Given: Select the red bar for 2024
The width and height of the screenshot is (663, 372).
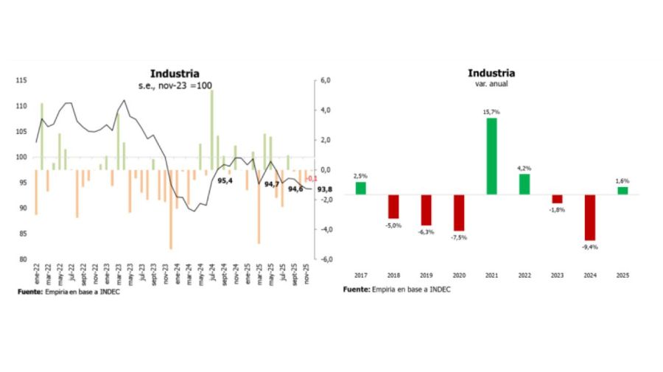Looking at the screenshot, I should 590,217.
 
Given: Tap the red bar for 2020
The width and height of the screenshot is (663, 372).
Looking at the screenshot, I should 459,213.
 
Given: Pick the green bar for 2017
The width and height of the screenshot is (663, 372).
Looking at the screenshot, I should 360,188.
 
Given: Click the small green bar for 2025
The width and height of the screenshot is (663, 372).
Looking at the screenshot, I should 622,191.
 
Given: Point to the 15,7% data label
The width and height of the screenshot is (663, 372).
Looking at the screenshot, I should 491,112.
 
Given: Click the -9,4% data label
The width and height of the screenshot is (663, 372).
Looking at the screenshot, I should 590,248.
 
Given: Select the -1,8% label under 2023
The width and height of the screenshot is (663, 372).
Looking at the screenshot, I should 558,210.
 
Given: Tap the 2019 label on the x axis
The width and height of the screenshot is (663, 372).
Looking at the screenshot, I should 426,274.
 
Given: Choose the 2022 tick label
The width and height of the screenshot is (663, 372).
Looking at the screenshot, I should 525,274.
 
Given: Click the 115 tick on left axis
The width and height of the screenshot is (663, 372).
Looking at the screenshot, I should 21,80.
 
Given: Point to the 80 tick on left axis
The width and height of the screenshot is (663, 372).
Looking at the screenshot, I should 23,259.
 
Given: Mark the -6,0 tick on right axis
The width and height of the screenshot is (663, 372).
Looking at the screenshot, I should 324,259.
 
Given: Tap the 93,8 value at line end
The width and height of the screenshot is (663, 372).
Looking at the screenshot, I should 324,189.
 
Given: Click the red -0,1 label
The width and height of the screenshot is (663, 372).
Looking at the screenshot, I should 312,178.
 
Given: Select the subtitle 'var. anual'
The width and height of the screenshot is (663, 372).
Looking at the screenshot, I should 491,84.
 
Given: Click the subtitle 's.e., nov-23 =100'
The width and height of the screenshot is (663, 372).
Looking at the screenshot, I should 175,85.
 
